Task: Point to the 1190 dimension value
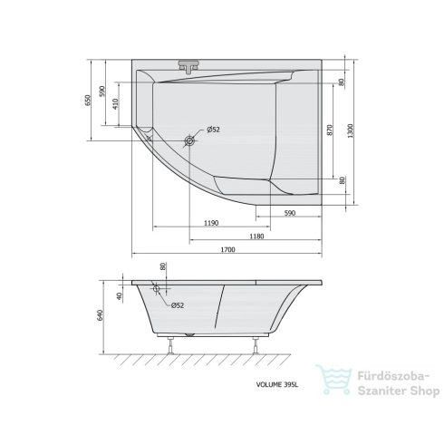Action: click(x=210, y=222)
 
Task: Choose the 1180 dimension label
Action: click(x=256, y=236)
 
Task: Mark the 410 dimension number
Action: click(x=116, y=103)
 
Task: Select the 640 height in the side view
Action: click(x=101, y=315)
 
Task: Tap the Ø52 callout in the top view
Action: click(x=214, y=130)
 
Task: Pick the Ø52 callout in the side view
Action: click(x=178, y=305)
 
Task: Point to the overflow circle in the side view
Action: click(x=157, y=290)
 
